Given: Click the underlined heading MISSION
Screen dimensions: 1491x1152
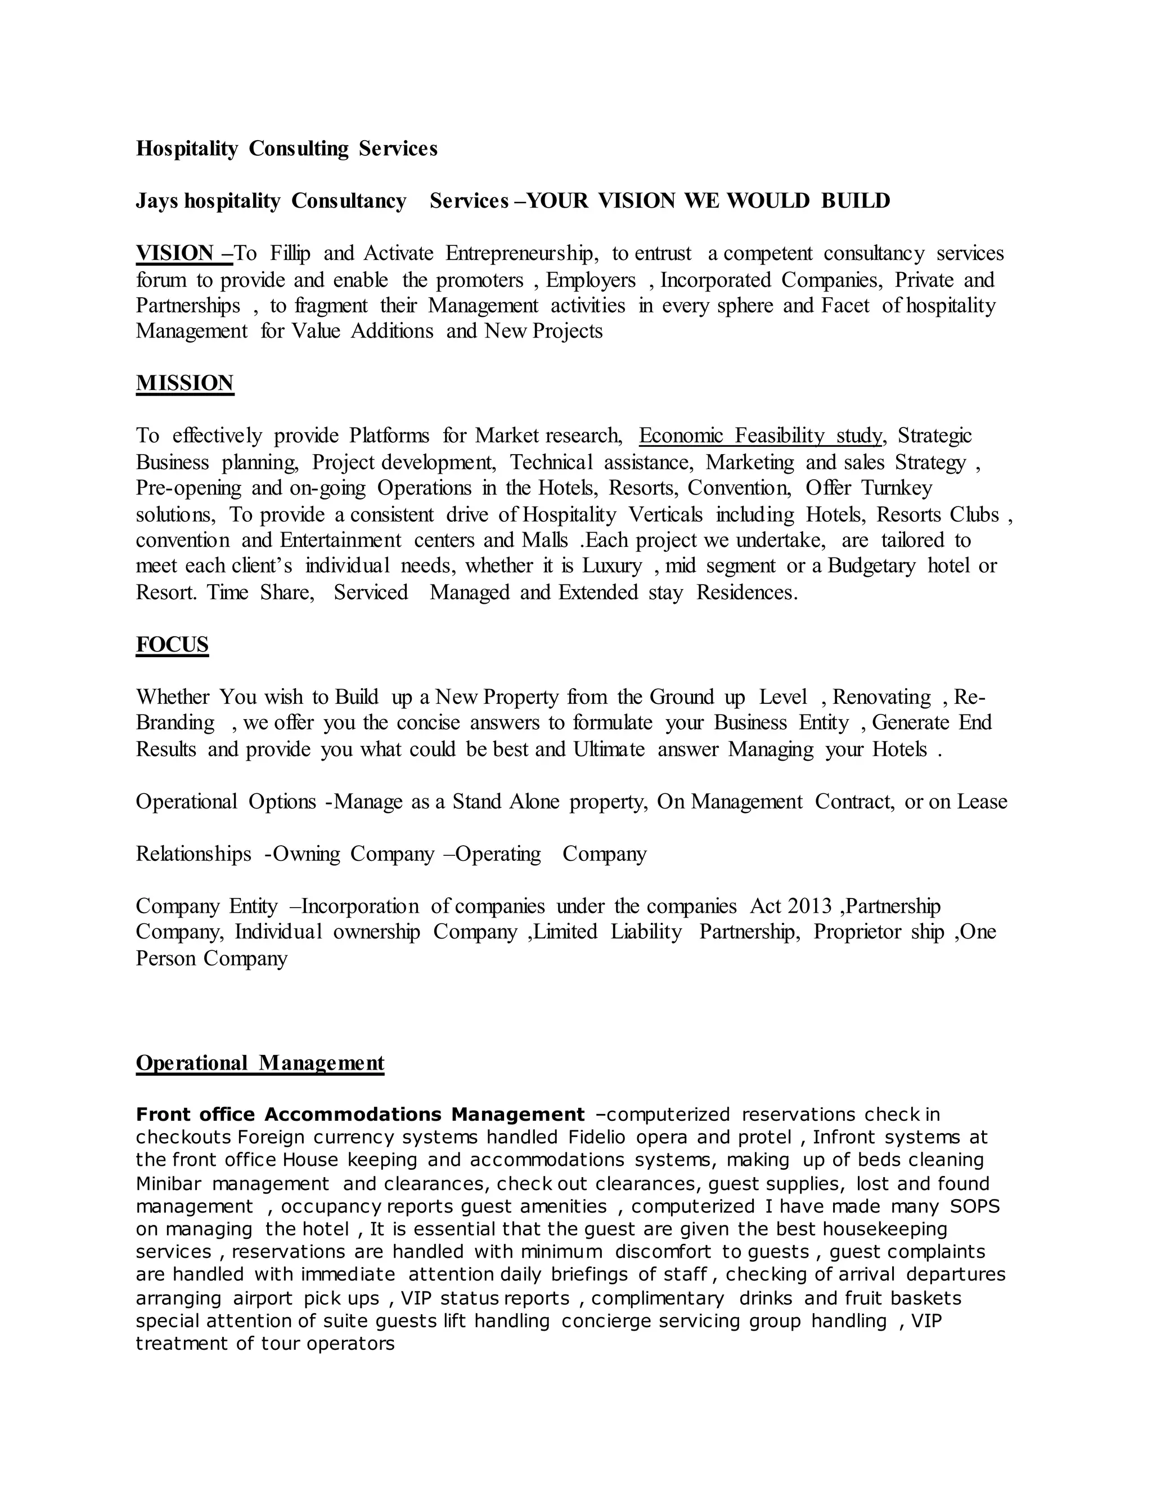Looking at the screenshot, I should (184, 383).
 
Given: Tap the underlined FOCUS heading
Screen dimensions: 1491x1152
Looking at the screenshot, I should (172, 644).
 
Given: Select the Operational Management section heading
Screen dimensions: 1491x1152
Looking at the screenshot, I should (260, 1063).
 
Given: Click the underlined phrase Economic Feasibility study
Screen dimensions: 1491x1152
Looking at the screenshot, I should (760, 435).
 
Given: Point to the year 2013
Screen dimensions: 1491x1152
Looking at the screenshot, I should (809, 906).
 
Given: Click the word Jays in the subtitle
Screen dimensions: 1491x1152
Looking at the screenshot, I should (157, 201).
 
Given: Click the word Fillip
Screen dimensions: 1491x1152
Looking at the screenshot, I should (290, 253).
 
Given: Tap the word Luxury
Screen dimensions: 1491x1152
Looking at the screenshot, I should (611, 566).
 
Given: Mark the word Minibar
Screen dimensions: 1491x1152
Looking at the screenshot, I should (168, 1183).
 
